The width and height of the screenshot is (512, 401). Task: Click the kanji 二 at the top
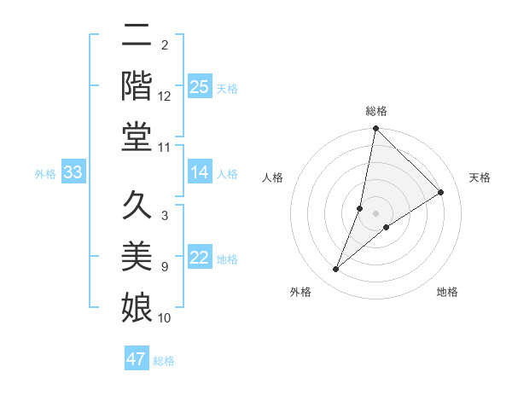point(137,36)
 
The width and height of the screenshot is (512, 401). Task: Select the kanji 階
point(137,85)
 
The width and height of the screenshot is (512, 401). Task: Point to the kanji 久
point(137,206)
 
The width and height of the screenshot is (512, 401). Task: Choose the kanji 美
point(137,256)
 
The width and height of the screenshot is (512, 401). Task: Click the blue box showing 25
point(200,86)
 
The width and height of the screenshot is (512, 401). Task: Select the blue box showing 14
point(200,173)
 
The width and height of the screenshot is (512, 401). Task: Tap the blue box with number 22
point(200,259)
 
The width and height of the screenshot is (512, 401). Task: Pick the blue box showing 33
point(73,173)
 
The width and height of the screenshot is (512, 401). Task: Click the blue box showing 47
point(137,359)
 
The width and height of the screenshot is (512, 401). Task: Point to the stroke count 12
point(165,96)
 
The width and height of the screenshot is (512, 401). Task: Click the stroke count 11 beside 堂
point(165,148)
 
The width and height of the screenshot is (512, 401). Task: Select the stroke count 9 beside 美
point(165,267)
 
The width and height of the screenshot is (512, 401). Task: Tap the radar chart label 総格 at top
point(376,111)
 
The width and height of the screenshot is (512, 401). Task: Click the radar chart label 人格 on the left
point(273,177)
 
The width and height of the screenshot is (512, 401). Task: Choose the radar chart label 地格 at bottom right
point(447,292)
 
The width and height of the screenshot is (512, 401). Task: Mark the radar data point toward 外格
point(336,270)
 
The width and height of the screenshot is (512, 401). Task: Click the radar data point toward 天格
point(441,192)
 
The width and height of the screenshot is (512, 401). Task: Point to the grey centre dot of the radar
point(376,212)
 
